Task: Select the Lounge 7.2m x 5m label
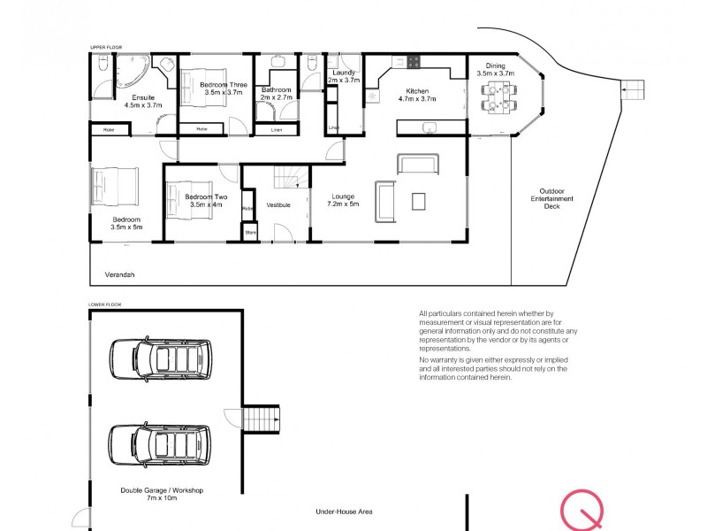click(342, 201)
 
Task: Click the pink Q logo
click(582, 511)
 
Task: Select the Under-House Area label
click(345, 512)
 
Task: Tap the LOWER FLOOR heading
click(105, 304)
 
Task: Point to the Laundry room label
click(344, 75)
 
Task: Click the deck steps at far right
click(634, 90)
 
